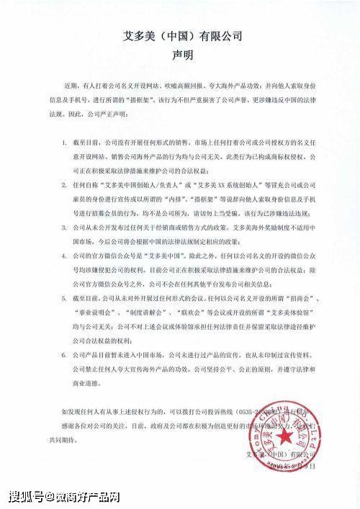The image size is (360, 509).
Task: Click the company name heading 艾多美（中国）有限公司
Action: (x=179, y=36)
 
